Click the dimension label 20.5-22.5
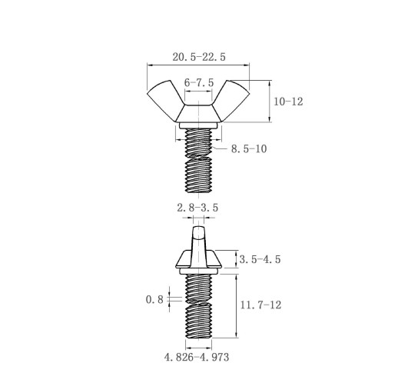199,57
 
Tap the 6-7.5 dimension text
199,83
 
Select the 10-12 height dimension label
288,102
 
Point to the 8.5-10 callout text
249,148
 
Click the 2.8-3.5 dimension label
197,208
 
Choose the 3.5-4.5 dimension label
260,259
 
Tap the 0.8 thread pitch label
154,299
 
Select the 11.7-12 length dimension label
260,305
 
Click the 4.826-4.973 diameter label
197,357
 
